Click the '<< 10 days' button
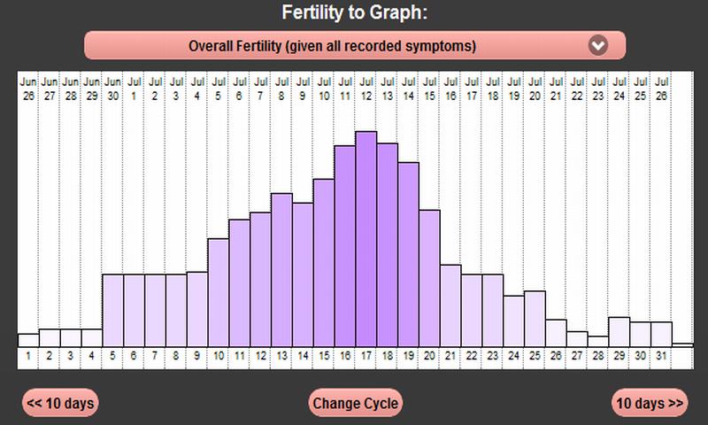[x=60, y=403]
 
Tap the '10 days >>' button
[x=650, y=403]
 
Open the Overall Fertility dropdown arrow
[x=599, y=45]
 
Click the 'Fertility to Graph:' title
[x=354, y=13]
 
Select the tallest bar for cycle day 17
[x=366, y=239]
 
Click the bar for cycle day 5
[x=113, y=310]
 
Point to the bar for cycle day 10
[x=219, y=292]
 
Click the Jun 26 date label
[x=28, y=89]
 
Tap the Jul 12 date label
[x=366, y=89]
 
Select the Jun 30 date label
[x=113, y=89]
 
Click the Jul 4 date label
[x=197, y=89]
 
